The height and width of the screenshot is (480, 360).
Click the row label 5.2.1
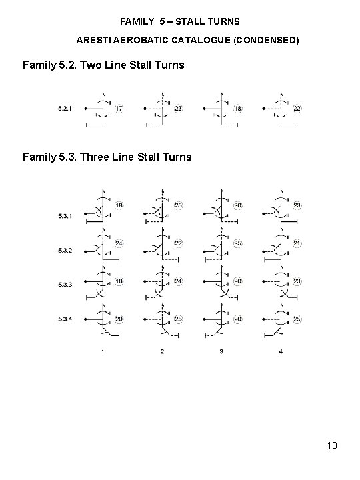point(65,109)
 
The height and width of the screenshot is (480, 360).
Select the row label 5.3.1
point(65,216)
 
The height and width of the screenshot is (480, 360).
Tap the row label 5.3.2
point(65,251)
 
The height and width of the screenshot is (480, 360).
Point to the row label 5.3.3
point(65,285)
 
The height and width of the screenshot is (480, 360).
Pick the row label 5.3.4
point(65,319)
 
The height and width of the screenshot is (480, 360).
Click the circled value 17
point(119,109)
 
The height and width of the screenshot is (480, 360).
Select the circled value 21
point(297,243)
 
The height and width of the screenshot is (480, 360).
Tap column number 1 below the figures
point(103,351)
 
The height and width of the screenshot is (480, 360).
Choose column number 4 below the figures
point(281,351)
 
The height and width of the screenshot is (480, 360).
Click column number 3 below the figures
point(221,351)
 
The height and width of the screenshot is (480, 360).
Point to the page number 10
point(332,445)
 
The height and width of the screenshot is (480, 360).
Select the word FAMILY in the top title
point(137,21)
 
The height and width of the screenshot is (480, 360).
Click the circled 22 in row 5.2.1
point(297,109)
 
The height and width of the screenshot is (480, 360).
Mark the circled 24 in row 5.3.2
point(119,243)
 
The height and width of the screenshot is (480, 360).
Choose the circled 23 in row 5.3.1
point(297,205)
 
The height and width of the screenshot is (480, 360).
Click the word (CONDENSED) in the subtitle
point(266,40)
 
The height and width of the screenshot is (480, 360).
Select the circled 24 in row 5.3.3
point(178,281)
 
